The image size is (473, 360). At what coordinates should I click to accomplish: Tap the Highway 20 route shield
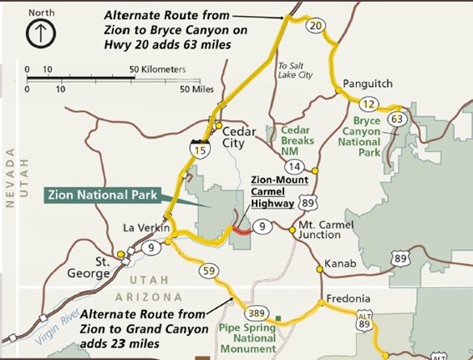click(x=315, y=27)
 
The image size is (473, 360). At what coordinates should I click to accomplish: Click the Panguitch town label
click(x=369, y=85)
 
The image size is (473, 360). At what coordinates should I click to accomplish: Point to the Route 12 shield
click(x=370, y=104)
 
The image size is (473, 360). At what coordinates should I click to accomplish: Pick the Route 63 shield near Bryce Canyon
click(x=397, y=119)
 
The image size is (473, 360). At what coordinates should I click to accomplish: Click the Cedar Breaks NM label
click(x=295, y=141)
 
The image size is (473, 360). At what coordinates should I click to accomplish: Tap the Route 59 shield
click(x=209, y=271)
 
